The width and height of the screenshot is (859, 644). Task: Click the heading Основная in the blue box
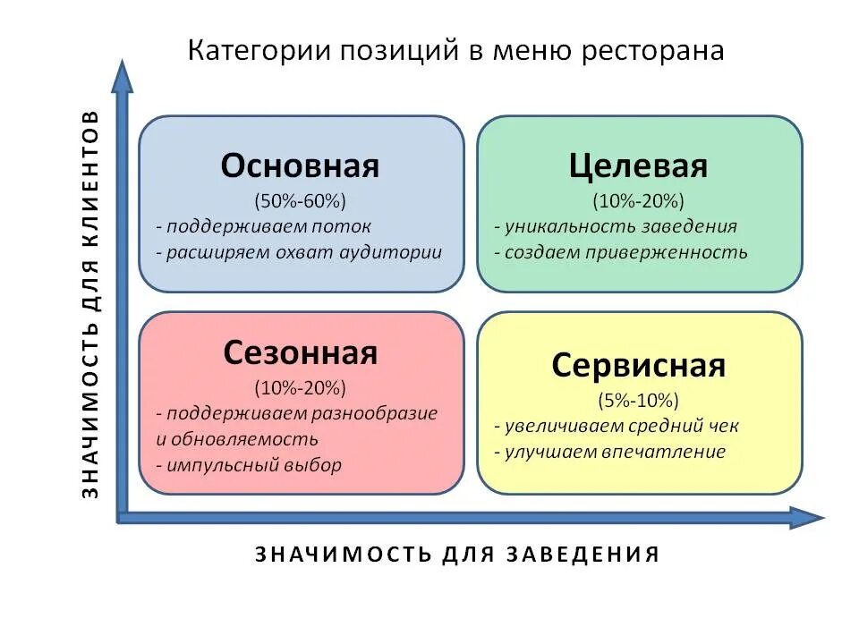(x=301, y=166)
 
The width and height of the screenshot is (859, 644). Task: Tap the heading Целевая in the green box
(x=638, y=166)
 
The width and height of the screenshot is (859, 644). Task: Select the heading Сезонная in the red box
(x=301, y=352)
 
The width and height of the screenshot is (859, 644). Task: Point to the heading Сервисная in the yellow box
(x=638, y=365)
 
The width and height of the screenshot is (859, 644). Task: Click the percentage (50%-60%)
(x=301, y=199)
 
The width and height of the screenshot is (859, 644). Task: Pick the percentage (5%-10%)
(x=638, y=399)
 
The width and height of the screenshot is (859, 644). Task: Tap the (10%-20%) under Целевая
(x=638, y=199)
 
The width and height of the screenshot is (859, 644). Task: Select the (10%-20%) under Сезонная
(x=301, y=387)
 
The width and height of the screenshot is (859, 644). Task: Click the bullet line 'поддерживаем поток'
(x=263, y=226)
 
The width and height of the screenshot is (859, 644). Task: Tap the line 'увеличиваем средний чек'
(x=617, y=426)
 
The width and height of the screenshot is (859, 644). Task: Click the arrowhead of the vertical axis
(x=123, y=75)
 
